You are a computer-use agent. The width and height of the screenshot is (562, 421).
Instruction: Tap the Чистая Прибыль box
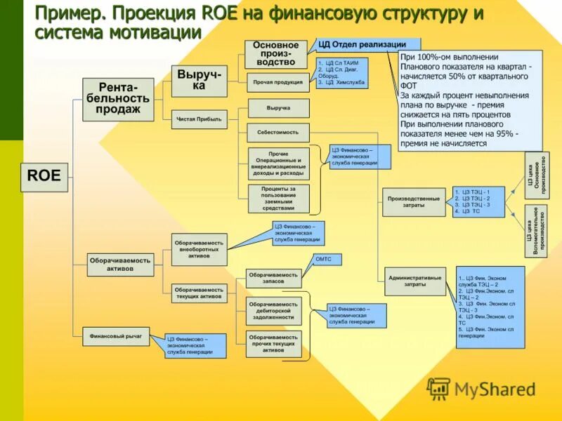198,119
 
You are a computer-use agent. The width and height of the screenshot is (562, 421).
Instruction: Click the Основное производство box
276,54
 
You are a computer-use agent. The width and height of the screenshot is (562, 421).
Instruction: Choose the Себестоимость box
277,132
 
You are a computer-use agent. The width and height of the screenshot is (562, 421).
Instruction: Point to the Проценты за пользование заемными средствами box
277,199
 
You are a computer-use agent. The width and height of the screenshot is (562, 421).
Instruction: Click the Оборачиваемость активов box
120,262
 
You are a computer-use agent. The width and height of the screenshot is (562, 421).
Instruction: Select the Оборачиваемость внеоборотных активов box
200,249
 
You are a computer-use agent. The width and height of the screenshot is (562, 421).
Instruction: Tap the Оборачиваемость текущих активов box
200,293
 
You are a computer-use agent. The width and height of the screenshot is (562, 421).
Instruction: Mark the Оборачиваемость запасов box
273,279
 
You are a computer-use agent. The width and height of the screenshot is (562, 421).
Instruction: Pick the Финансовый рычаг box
115,336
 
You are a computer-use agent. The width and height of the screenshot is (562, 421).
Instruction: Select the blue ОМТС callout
323,260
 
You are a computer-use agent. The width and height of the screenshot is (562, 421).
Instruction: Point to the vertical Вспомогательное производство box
537,232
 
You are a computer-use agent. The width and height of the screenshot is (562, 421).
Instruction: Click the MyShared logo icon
438,388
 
